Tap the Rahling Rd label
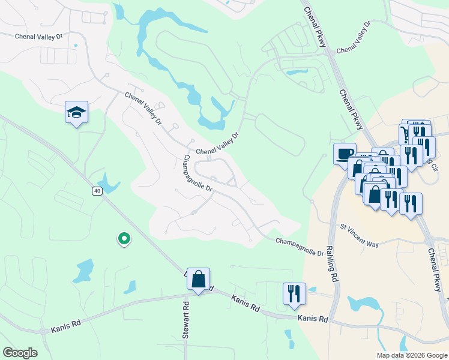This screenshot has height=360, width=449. coord(332,262)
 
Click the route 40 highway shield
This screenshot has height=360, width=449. coord(97,191)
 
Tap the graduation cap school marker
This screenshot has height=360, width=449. coord(76,112)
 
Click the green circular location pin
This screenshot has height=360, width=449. coord(124,239)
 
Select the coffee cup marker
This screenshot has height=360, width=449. coord(345,154)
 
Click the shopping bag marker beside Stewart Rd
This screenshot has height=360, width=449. coord(198,279)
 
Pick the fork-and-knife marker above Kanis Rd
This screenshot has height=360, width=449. coord(294,294)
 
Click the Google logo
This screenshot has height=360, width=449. coord(20,353)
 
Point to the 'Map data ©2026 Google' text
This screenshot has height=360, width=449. coord(412,355)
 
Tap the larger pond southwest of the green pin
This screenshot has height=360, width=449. coord(85,270)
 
